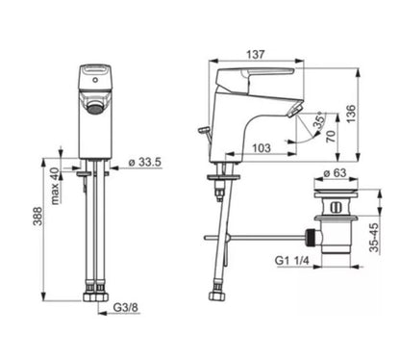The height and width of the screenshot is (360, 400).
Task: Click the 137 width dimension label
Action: pos(256,54)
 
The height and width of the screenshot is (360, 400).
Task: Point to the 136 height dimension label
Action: pos(351,114)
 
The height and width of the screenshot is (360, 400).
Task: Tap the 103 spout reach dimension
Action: pos(262,148)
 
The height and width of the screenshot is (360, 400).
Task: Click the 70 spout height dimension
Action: pos(332,137)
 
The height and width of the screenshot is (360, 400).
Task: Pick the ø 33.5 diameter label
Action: pos(145,162)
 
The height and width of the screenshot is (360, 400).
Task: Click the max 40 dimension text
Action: pos(55,186)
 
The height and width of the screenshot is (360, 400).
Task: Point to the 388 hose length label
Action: pos(37,216)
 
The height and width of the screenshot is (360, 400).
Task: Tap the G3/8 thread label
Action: pos(126,307)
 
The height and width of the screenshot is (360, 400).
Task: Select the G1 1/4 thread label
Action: pos(292,260)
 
